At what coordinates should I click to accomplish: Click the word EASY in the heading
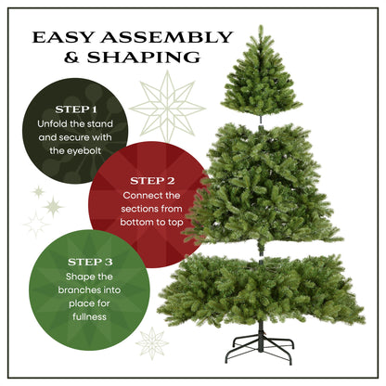[61, 38]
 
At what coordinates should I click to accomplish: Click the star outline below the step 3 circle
[152, 343]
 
